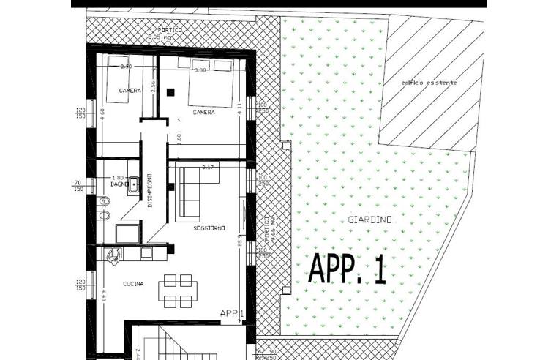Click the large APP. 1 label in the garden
coord(347,270)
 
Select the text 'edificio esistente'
coord(429,83)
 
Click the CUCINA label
coord(133,284)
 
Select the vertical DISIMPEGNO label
coord(150,190)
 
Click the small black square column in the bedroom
coord(170,92)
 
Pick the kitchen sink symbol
coord(111,254)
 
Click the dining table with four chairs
coord(178,290)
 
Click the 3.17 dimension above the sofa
coord(207,167)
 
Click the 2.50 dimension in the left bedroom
coord(126,67)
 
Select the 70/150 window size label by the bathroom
coord(78,185)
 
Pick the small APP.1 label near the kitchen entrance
coord(231,313)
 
